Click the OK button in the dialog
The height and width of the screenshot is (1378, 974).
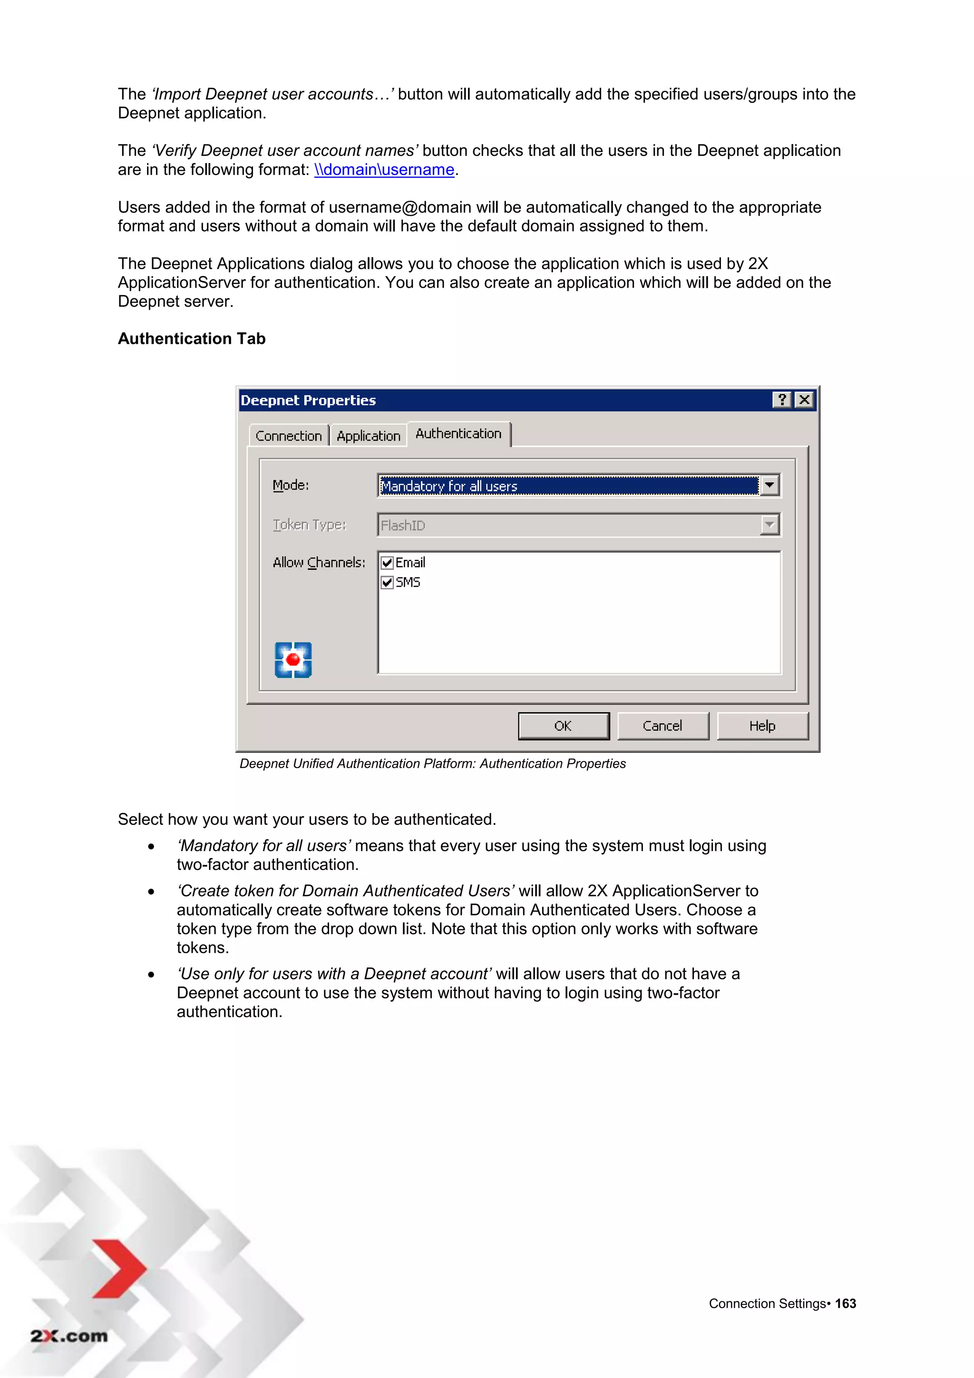pos(563,725)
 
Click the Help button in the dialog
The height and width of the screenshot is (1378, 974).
pos(762,725)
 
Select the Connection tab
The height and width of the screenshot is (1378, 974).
pos(289,436)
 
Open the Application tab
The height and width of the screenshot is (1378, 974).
pos(368,436)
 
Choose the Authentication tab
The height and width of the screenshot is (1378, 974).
pos(458,433)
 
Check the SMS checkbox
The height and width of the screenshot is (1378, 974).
pos(388,582)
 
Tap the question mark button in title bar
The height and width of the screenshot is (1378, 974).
pos(781,400)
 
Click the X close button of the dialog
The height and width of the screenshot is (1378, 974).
pos(804,400)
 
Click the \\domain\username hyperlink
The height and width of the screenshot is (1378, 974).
pos(384,170)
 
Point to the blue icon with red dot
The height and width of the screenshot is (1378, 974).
pos(293,660)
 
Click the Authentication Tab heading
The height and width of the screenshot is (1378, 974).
pos(192,339)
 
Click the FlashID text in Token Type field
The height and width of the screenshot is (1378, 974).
pos(403,526)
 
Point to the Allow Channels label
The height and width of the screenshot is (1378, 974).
pos(319,562)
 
